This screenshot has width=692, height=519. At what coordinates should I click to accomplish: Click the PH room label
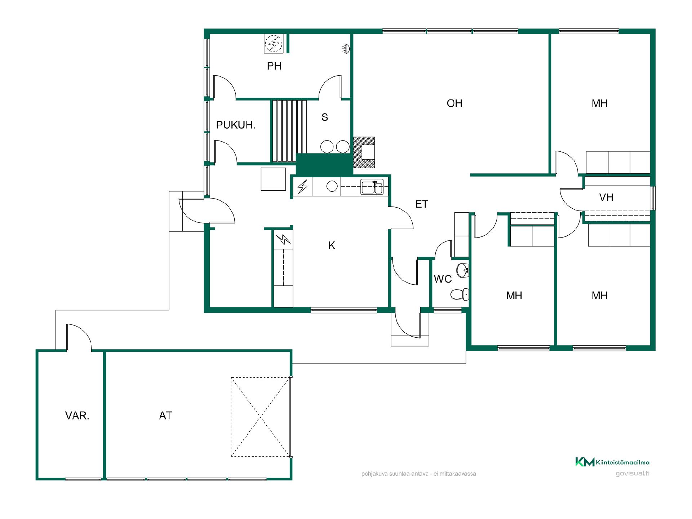click(x=274, y=66)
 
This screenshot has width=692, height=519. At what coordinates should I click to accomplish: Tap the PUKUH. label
click(x=236, y=125)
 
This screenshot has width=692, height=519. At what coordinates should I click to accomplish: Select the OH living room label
click(x=454, y=103)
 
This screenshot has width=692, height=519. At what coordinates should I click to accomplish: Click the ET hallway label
click(x=421, y=204)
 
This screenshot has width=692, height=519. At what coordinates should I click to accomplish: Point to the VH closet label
click(x=606, y=198)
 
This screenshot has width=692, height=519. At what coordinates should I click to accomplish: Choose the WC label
click(x=443, y=279)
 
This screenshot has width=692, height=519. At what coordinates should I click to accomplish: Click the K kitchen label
click(x=332, y=245)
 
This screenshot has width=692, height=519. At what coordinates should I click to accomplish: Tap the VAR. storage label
click(x=77, y=416)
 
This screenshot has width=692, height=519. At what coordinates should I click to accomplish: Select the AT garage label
click(x=165, y=416)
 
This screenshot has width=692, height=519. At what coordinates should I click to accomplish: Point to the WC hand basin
click(x=462, y=270)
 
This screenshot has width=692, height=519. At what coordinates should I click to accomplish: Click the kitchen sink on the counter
click(x=372, y=187)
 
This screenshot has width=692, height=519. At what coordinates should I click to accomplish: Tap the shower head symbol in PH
click(x=346, y=49)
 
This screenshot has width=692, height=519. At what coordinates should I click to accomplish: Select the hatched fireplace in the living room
click(x=364, y=152)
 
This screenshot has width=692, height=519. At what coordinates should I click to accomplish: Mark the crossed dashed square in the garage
click(x=261, y=417)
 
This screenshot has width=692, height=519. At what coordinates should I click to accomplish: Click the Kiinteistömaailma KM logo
click(x=612, y=462)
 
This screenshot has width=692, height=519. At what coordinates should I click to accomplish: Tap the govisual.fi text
click(x=633, y=474)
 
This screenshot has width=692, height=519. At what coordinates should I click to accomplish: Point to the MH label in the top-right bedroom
click(x=599, y=103)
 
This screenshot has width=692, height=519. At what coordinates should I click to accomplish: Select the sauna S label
click(x=325, y=117)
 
